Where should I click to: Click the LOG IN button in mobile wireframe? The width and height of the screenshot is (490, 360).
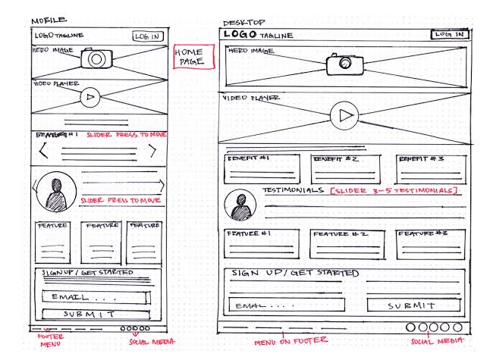click(148, 36)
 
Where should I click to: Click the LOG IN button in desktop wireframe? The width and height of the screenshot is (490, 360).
click(449, 34)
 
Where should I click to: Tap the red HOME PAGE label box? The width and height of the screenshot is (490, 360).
click(189, 58)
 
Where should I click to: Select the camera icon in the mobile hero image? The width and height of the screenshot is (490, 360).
click(97, 59)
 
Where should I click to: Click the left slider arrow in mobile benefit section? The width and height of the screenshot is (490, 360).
click(43, 150)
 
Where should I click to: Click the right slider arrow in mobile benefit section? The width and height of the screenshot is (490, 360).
click(155, 150)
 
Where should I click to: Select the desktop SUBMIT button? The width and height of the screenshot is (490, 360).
click(413, 305)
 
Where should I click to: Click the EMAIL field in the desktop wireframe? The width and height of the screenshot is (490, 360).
click(288, 305)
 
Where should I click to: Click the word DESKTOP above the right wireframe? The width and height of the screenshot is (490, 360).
click(240, 23)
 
